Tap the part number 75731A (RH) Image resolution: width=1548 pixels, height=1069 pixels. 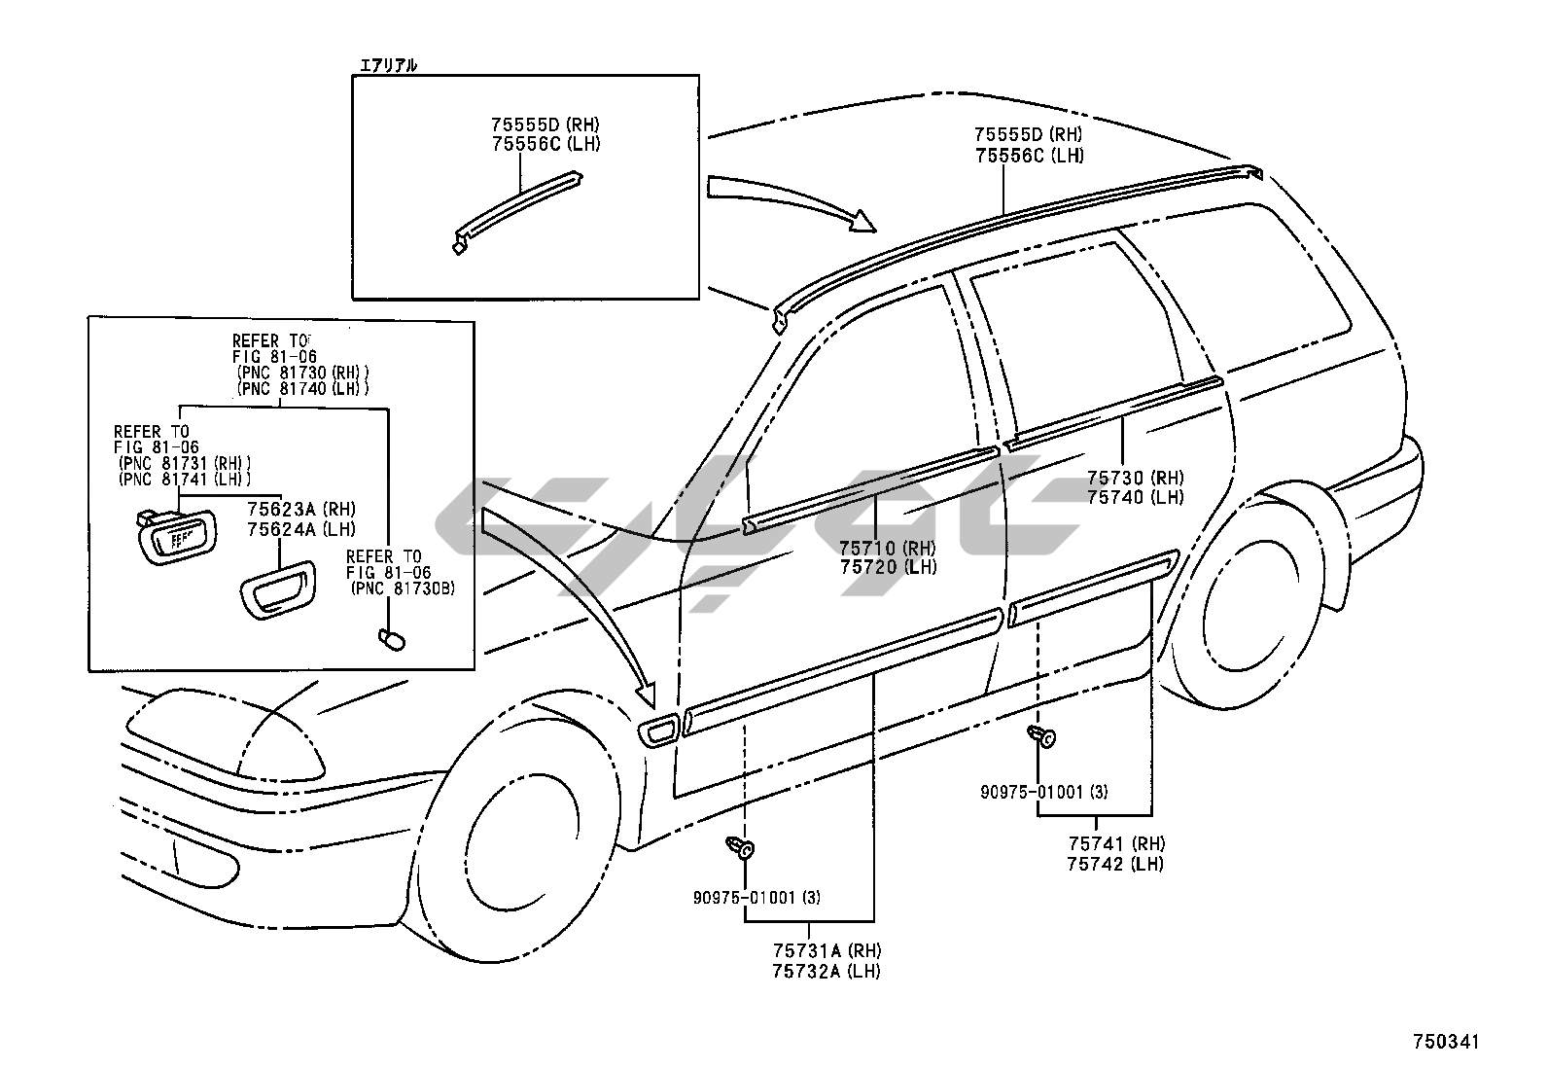tap(827, 950)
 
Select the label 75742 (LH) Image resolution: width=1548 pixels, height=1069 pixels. tap(1115, 864)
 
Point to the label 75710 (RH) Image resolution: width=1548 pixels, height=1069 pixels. tap(888, 549)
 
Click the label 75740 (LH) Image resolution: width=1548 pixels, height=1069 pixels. tap(1136, 497)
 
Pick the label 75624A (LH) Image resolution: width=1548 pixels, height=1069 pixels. tap(301, 529)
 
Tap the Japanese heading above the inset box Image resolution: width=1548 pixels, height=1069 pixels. tap(388, 66)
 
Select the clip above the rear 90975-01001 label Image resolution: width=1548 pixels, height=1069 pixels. tap(1042, 737)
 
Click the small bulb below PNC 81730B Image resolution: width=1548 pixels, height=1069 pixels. tap(392, 640)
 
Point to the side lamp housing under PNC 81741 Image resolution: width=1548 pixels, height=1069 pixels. tap(176, 537)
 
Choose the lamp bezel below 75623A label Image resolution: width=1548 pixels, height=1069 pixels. tap(278, 589)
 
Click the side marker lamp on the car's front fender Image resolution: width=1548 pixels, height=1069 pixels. tap(658, 732)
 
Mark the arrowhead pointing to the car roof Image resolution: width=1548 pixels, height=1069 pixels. tap(862, 221)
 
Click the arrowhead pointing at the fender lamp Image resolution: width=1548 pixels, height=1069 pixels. tap(646, 694)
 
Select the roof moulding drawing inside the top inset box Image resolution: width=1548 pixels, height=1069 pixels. tap(517, 212)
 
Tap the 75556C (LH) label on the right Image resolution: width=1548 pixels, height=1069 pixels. tap(1030, 157)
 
